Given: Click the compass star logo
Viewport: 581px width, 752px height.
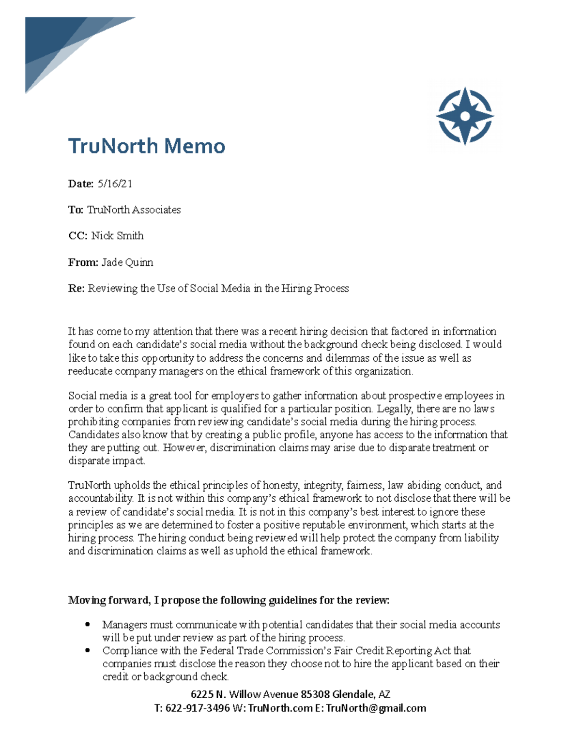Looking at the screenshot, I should click(x=464, y=116).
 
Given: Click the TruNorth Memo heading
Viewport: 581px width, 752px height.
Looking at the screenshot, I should click(x=146, y=146).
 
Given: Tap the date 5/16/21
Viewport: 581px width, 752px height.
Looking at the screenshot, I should click(x=115, y=184).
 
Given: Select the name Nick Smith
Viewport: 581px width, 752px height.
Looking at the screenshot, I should click(x=117, y=236).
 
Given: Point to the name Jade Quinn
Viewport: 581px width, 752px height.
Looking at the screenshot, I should click(x=127, y=262).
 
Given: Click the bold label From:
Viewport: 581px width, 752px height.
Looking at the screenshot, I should click(x=83, y=262).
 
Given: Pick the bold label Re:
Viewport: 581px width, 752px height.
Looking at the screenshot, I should click(x=76, y=289).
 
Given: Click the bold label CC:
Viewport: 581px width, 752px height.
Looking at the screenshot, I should click(x=77, y=236).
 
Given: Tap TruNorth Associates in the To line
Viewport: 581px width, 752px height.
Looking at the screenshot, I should click(x=134, y=210).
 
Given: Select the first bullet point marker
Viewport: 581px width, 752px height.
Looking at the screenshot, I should click(x=88, y=625).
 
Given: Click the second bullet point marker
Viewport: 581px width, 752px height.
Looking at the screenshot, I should click(x=88, y=651).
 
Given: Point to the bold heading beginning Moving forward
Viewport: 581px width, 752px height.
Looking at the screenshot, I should click(x=229, y=600).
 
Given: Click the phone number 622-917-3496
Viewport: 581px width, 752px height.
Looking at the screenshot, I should click(x=198, y=708).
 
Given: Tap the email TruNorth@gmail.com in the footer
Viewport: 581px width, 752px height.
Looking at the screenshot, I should click(x=376, y=708).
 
